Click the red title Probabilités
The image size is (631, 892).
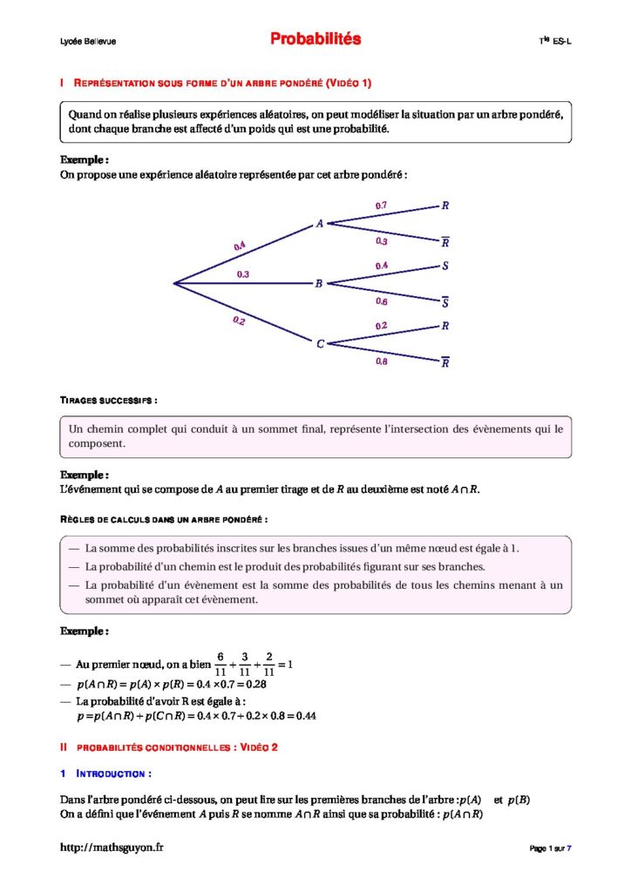[315, 39]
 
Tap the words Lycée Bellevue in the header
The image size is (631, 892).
[88, 41]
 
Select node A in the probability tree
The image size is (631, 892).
[320, 224]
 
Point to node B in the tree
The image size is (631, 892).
[319, 284]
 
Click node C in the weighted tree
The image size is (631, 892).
[320, 344]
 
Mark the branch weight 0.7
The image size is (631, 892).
[381, 206]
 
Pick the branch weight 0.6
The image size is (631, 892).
[382, 301]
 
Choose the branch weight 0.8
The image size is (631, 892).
[382, 362]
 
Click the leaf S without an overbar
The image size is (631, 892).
[445, 266]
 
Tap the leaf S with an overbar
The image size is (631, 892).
[445, 303]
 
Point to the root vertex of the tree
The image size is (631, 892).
[174, 283]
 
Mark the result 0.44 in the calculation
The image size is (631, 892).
[305, 716]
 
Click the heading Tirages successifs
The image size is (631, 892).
[108, 400]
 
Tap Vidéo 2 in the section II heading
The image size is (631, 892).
[257, 747]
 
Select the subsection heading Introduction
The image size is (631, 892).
[113, 774]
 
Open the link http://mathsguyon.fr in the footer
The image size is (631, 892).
[112, 848]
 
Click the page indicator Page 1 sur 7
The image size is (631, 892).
[550, 848]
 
